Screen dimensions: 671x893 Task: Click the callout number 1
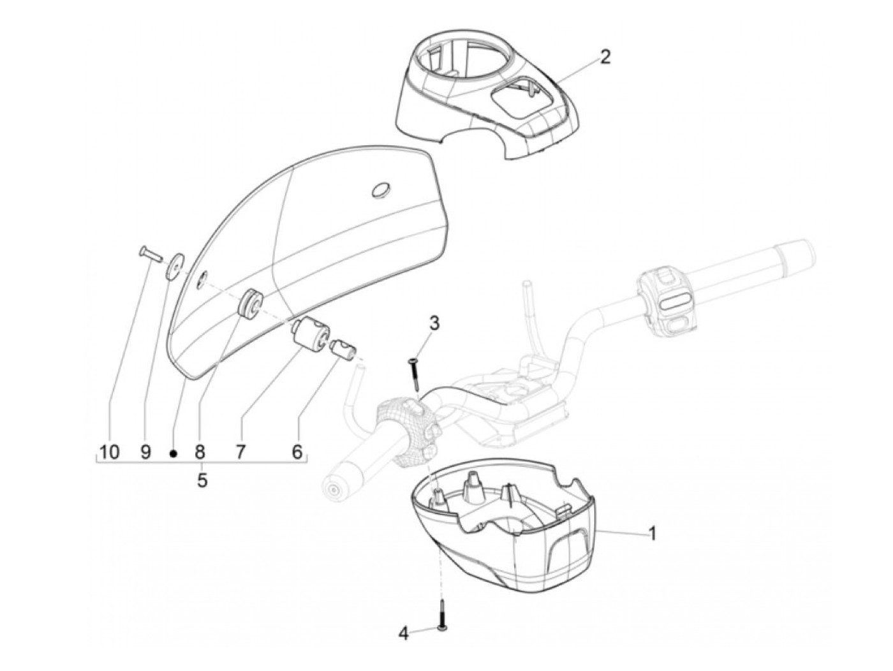[651, 533]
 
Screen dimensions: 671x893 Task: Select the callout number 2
[605, 56]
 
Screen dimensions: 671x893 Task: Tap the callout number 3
[434, 323]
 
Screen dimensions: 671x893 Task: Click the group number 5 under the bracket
[202, 480]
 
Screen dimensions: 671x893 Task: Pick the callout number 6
[297, 452]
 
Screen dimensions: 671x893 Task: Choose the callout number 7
[240, 452]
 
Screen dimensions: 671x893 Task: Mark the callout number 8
[199, 452]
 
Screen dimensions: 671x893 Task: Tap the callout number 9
[145, 452]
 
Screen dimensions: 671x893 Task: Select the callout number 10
[109, 452]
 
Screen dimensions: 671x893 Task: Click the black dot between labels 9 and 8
[173, 453]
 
